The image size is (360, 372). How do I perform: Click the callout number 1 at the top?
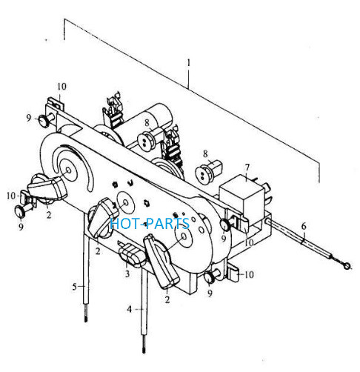click(x=189, y=63)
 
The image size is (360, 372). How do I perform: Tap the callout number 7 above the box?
click(x=247, y=167)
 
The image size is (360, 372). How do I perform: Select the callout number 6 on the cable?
click(x=304, y=226)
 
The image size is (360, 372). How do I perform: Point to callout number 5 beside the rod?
click(x=75, y=287)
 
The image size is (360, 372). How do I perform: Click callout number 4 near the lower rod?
click(x=130, y=309)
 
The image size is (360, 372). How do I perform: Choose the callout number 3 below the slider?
click(x=127, y=273)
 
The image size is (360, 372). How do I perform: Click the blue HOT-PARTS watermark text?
click(x=150, y=223)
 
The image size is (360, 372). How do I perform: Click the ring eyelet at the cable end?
click(x=347, y=266)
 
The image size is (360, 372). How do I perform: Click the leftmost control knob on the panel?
click(x=47, y=187)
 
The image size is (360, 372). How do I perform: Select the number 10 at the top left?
click(x=62, y=87)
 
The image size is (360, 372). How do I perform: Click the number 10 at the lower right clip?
click(x=250, y=274)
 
